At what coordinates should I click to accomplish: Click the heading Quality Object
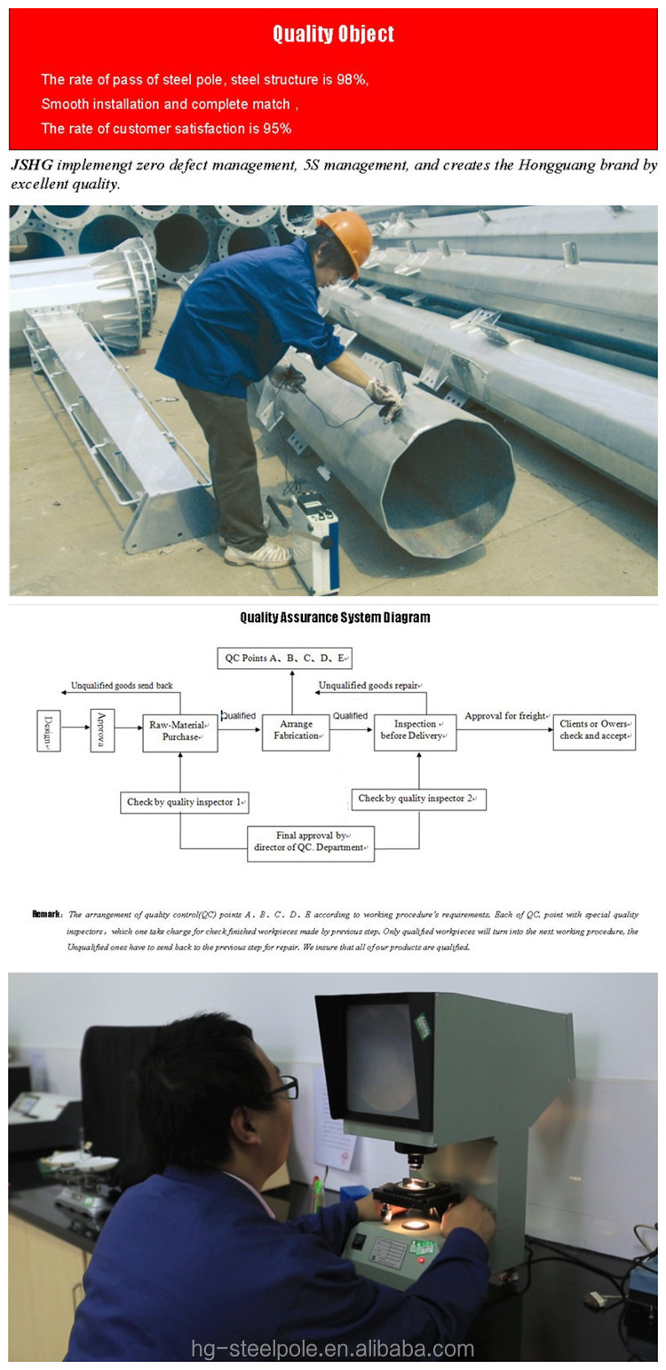pyautogui.click(x=333, y=35)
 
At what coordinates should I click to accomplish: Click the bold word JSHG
pyautogui.click(x=31, y=166)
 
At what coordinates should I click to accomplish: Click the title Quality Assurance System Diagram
pyautogui.click(x=335, y=618)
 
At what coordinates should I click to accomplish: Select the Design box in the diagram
pyautogui.click(x=49, y=731)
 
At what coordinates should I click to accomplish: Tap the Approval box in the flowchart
pyautogui.click(x=102, y=731)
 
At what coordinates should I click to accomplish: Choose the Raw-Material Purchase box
pyautogui.click(x=180, y=731)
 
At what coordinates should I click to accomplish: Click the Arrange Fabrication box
pyautogui.click(x=296, y=731)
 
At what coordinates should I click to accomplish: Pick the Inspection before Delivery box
pyautogui.click(x=415, y=731)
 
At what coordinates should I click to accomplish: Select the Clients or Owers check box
pyautogui.click(x=594, y=730)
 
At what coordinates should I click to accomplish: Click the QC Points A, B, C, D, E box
pyautogui.click(x=284, y=657)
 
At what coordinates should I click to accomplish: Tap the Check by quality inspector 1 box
pyautogui.click(x=185, y=802)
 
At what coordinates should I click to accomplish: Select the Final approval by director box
pyautogui.click(x=310, y=842)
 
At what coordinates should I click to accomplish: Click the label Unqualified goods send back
pyautogui.click(x=123, y=686)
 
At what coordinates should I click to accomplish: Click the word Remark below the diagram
pyautogui.click(x=46, y=914)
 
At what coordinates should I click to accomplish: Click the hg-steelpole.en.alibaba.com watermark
pyautogui.click(x=333, y=1350)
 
